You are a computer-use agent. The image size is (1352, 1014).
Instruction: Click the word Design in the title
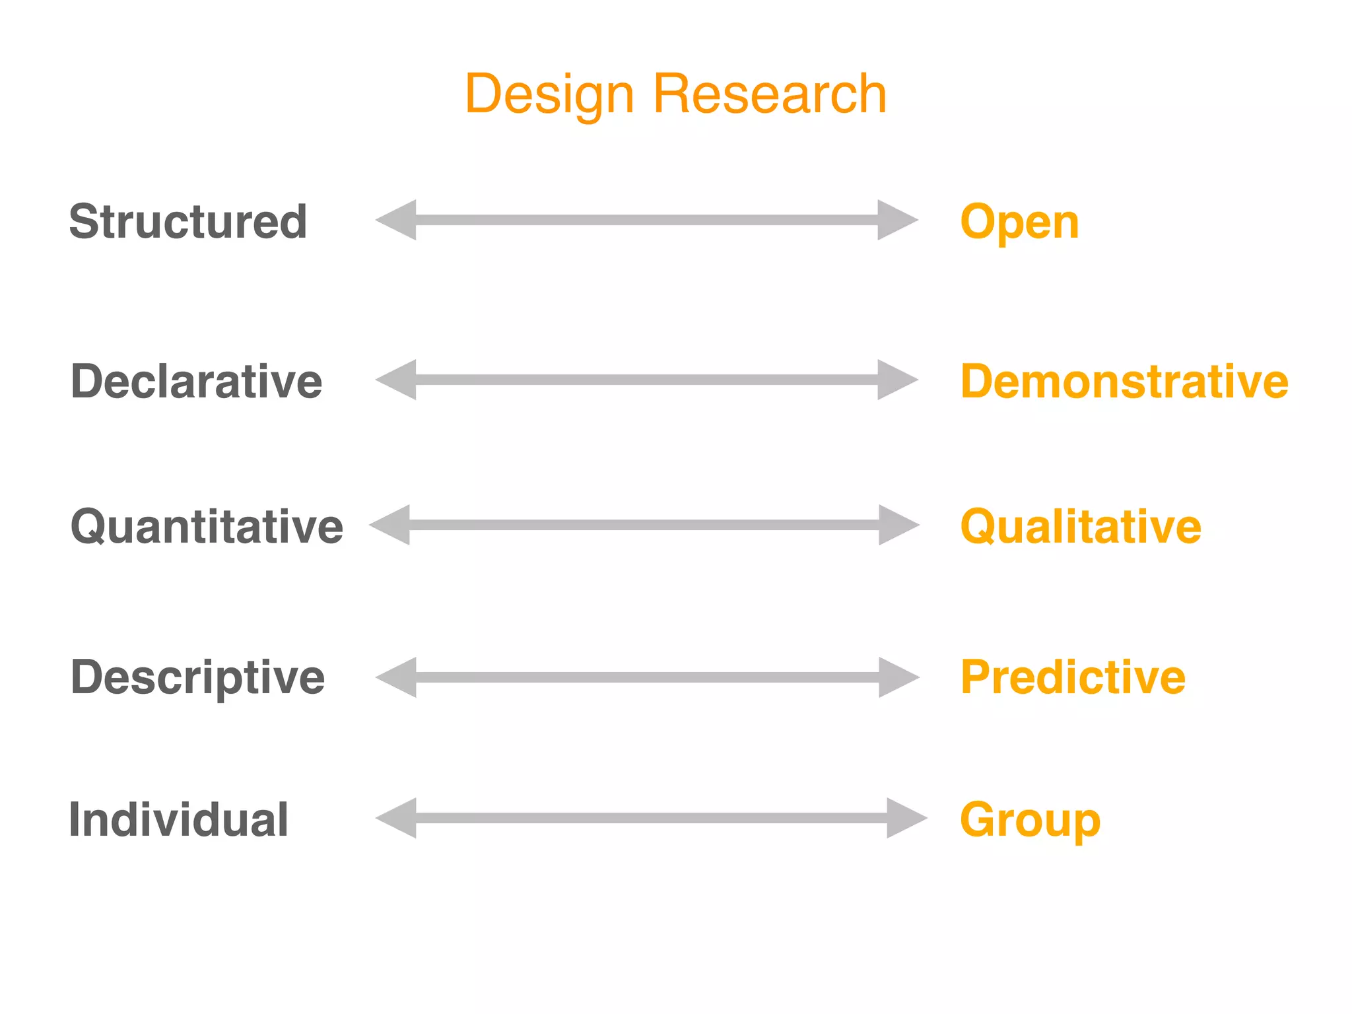(549, 94)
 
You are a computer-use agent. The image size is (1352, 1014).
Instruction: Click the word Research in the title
(770, 94)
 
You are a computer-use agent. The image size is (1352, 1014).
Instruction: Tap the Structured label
(188, 222)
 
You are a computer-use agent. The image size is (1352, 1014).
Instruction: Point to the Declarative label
(196, 382)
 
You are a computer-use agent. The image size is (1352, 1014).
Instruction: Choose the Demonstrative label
(1124, 382)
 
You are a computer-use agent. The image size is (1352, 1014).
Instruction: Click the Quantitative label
(207, 527)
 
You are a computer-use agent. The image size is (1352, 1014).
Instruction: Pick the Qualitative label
(1081, 527)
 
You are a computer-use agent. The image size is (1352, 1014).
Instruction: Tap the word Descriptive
(197, 678)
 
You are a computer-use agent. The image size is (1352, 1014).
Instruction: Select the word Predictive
(1073, 677)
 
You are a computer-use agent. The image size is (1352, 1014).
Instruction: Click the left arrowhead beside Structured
(397, 220)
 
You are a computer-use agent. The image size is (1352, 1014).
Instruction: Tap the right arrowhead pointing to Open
(896, 220)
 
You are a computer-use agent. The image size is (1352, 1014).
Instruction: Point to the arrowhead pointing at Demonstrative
(896, 380)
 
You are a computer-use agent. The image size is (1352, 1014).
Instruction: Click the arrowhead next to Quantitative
(391, 525)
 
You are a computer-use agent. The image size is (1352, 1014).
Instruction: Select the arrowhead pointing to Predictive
(898, 677)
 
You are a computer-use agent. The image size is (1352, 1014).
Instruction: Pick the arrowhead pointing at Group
(906, 818)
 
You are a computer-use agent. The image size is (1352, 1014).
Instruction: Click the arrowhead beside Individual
(397, 818)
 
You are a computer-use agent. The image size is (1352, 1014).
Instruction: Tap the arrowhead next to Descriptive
(397, 677)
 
